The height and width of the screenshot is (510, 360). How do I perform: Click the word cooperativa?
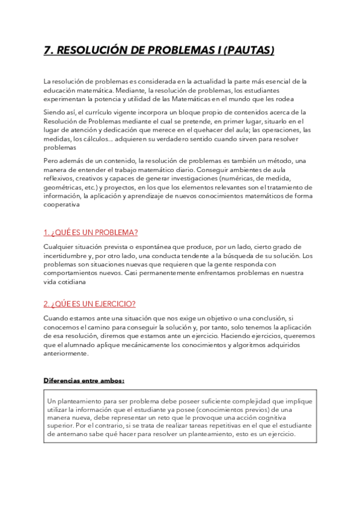(x=61, y=204)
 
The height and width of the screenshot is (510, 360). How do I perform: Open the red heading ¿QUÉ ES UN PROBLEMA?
(x=91, y=233)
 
